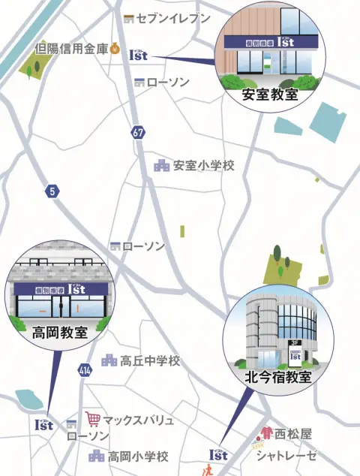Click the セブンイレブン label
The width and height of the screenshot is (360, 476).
[x=173, y=18]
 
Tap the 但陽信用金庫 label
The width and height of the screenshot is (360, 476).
[x=71, y=50]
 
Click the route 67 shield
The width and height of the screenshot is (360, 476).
[x=137, y=132]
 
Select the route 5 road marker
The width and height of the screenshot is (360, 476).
[x=52, y=191]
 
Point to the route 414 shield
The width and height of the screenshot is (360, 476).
[x=84, y=370]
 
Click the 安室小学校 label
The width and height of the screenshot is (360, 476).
[x=202, y=166]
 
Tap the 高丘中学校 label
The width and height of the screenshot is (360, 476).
[x=150, y=361]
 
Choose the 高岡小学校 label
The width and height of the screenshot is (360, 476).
[x=138, y=456]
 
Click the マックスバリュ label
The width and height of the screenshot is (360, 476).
[x=139, y=420]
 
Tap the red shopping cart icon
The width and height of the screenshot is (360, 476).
[x=93, y=419]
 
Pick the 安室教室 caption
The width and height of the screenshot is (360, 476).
[x=269, y=95]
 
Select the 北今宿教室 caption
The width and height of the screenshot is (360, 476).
[x=278, y=377]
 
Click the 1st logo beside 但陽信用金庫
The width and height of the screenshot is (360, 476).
[x=139, y=54]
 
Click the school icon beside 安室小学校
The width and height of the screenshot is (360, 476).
[x=161, y=165]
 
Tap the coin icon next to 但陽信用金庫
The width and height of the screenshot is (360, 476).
[x=114, y=50]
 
